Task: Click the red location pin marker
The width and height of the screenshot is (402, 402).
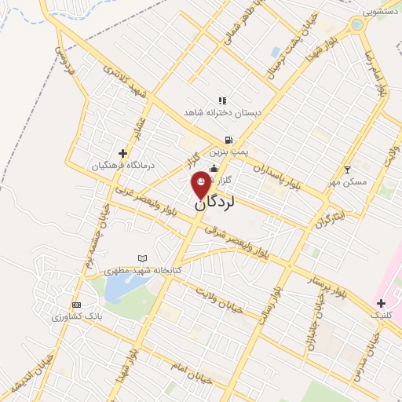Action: pos(202,183)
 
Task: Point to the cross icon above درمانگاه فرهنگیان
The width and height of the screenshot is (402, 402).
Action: pos(122,152)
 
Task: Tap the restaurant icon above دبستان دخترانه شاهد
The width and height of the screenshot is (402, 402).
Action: pos(222,100)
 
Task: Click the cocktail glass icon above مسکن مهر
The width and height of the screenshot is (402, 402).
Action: pos(348,169)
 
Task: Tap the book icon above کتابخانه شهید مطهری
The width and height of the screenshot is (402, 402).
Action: pos(142,258)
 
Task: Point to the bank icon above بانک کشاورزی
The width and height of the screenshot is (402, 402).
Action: pos(76,305)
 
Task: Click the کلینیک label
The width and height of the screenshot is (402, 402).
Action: pos(381,315)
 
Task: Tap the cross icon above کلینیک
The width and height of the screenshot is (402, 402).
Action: pos(381,302)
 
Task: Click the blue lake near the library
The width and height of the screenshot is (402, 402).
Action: pos(119,290)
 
